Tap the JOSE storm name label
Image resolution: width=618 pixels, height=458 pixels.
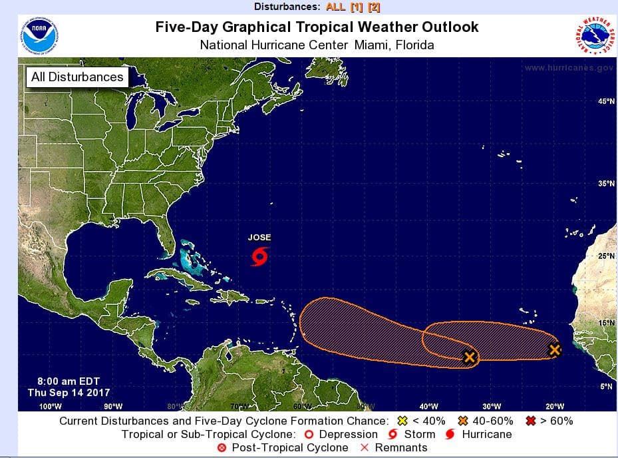pyautogui.click(x=259, y=238)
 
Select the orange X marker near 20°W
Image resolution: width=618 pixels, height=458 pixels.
pyautogui.click(x=555, y=349)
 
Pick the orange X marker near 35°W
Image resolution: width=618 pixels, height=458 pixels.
pyautogui.click(x=470, y=357)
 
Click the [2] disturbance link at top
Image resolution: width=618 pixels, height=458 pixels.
pyautogui.click(x=374, y=7)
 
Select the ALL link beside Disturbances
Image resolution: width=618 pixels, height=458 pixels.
pyautogui.click(x=336, y=7)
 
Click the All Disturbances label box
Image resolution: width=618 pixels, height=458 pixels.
pyautogui.click(x=77, y=77)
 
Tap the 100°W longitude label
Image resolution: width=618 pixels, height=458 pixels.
pyautogui.click(x=51, y=406)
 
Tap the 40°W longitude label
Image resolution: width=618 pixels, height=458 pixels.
pyautogui.click(x=428, y=406)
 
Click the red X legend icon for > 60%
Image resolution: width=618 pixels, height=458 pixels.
pyautogui.click(x=532, y=421)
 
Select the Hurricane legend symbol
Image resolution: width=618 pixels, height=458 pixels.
pyautogui.click(x=449, y=435)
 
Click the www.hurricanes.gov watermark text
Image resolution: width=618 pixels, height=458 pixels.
pyautogui.click(x=568, y=68)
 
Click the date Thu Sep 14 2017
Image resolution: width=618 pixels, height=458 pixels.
pyautogui.click(x=69, y=393)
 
